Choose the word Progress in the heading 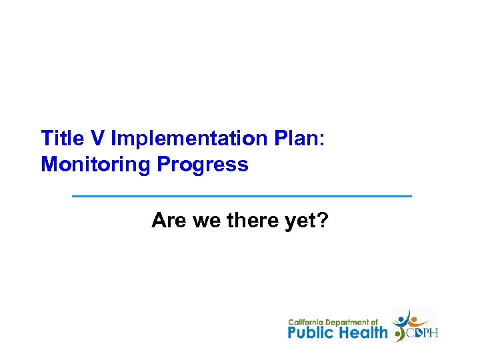click(x=203, y=164)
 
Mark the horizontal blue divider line click(x=241, y=196)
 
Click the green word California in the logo click(x=306, y=322)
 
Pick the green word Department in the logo click(x=348, y=322)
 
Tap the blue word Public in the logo click(x=312, y=332)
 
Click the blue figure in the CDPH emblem click(x=403, y=318)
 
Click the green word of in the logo click(x=375, y=322)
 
